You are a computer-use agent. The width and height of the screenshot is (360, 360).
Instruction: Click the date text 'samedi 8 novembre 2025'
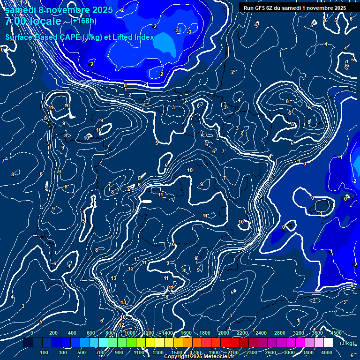59,10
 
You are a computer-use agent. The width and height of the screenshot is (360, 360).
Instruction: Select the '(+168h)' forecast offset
84,21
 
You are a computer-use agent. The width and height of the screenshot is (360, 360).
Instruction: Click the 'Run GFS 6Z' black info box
295,8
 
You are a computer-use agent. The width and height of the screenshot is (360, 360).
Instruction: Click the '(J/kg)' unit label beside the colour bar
346,343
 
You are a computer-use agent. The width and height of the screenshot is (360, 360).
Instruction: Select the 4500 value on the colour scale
336,333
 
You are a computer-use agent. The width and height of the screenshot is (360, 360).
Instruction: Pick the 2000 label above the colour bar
224,333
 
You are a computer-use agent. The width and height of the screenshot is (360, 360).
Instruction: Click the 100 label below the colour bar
44,352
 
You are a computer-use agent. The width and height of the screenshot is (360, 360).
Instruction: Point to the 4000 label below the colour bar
327,352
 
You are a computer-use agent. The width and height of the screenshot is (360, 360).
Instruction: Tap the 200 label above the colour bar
53,333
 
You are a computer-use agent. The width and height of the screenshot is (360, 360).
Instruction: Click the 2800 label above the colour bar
280,333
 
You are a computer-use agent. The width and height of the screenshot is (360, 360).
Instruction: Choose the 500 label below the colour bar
82,352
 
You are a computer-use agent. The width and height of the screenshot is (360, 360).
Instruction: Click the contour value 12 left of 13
131,269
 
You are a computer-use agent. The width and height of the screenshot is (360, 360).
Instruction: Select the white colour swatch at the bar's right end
328,343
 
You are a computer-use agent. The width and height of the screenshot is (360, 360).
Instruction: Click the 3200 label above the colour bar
299,333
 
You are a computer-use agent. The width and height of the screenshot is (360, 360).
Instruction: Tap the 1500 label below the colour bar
176,352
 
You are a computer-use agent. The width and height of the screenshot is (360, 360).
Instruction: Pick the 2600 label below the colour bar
270,352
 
